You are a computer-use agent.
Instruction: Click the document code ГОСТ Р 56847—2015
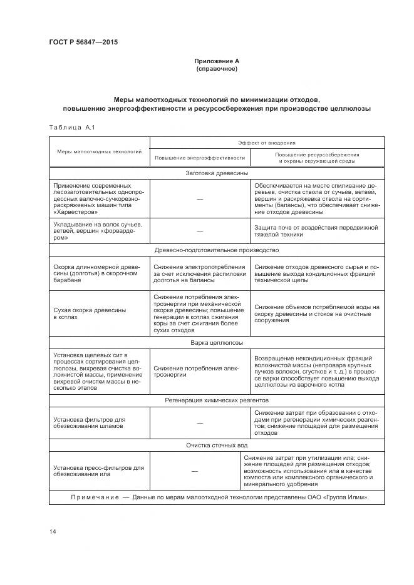83,43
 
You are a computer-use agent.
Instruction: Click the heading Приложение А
216,61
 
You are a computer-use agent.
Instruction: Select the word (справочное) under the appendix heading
216,68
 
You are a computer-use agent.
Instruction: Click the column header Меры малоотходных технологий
99,151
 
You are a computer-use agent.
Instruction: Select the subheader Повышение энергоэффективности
199,158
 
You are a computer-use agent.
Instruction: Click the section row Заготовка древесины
216,173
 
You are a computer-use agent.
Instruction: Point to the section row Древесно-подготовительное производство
216,250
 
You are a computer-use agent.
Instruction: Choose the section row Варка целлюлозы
216,343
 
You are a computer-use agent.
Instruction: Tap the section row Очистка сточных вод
216,445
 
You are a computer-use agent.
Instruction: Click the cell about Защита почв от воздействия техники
317,230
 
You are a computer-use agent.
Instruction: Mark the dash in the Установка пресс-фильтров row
194,471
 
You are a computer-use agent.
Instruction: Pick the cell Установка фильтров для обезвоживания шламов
90,422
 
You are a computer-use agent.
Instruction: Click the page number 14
52,532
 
